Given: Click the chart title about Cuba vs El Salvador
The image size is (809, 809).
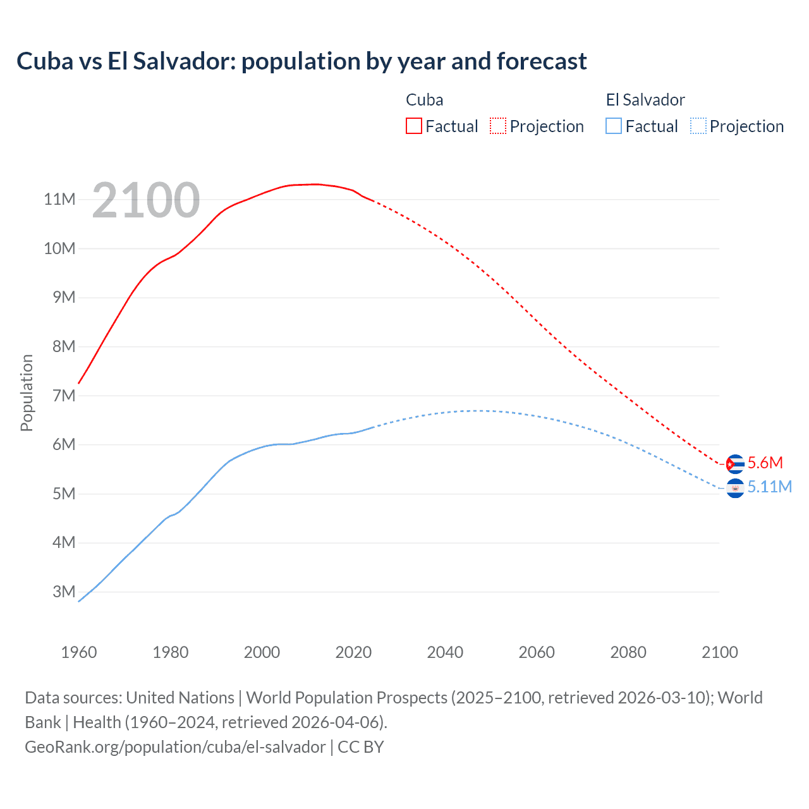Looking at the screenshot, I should pos(301,61).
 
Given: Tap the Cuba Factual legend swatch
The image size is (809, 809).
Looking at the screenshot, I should pos(414,126).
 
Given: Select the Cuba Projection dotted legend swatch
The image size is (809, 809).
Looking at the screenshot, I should pos(498,126).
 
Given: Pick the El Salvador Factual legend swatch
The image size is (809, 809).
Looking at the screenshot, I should pos(614,126).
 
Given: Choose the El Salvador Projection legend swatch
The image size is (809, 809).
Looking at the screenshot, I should pos(698,126).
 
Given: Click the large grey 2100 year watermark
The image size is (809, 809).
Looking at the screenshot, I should pos(146,200).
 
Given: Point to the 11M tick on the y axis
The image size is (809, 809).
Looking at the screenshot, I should pos(60,200).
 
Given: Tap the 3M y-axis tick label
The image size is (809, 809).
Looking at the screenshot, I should pos(64,592).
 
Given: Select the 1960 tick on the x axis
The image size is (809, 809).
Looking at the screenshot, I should pos(79,652).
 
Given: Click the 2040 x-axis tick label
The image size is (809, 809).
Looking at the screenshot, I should pos(445,652).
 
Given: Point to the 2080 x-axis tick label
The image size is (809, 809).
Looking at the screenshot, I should pos(628,652).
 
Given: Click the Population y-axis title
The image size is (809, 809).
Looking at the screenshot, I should pos(27,392).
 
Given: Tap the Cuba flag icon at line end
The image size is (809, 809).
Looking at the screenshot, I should pos(735,464).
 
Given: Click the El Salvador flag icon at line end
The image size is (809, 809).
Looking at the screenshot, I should pos(735,488).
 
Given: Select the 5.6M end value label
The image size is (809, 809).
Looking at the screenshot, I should pos(765,463).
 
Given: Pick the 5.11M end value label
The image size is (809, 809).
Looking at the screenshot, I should pos(770,487).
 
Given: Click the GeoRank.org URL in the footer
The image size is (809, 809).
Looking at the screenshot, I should pos(175,747).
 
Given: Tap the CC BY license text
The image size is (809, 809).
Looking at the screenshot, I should pos(361,747).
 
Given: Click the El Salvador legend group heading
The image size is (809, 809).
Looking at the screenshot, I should pos(645,100).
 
